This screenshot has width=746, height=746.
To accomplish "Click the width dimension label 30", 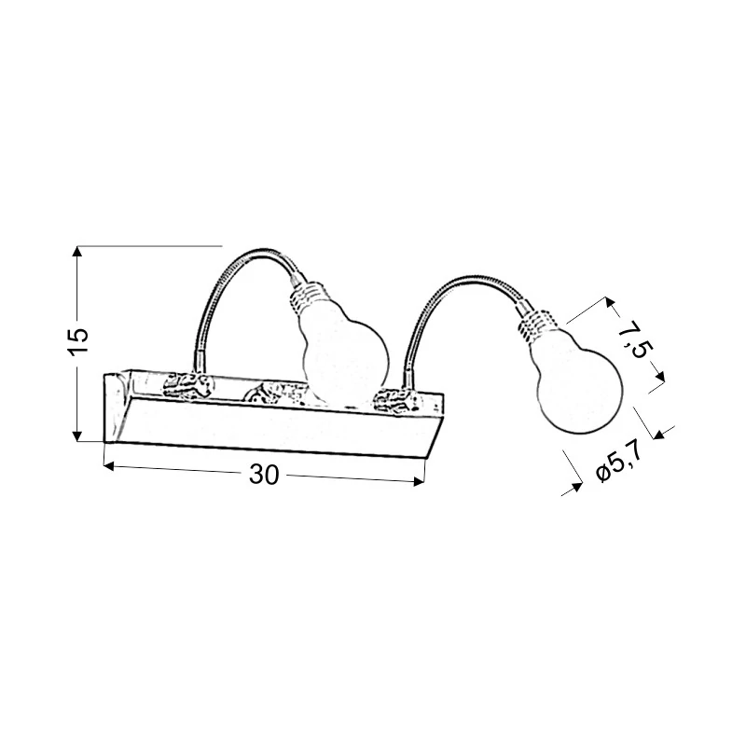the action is click(x=264, y=475).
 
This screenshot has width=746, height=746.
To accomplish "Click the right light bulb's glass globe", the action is click(x=576, y=380).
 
